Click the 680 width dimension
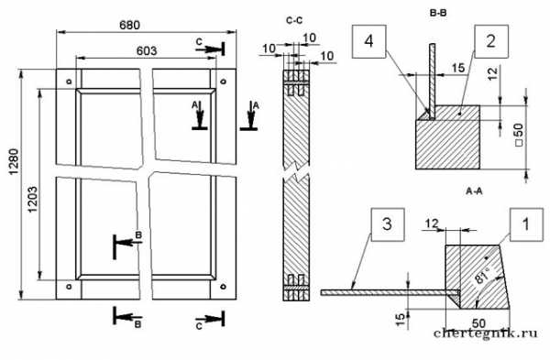[129, 26]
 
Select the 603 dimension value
[147, 50]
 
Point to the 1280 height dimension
[14, 162]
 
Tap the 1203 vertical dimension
[32, 199]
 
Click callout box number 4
[369, 41]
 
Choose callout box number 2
[491, 41]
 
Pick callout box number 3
[387, 224]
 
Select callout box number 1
[526, 224]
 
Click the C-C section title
[294, 21]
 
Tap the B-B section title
[438, 14]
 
